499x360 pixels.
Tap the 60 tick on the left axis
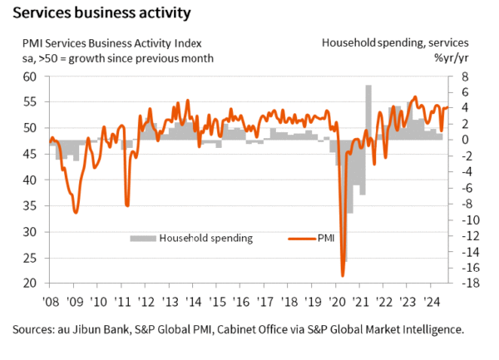click(x=30, y=76)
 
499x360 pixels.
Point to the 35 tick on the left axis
click(x=30, y=206)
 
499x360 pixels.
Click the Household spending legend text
click(x=206, y=239)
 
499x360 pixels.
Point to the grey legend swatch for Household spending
click(x=142, y=239)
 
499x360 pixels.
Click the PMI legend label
click(x=326, y=239)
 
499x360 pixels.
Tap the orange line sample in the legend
click(x=300, y=239)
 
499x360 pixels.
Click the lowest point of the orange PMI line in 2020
click(x=343, y=275)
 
